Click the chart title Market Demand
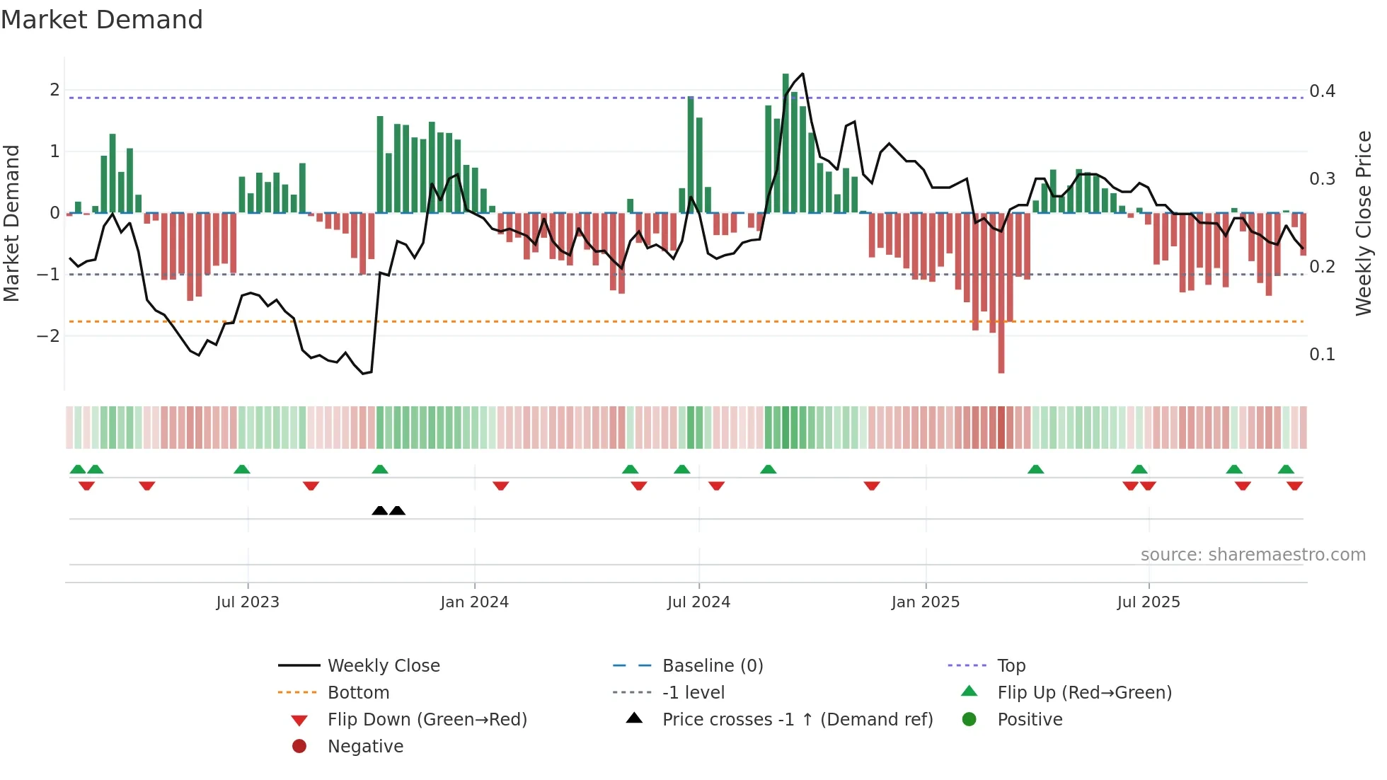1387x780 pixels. [x=102, y=19]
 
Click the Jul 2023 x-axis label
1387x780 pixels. [x=248, y=602]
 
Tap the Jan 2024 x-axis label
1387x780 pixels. [x=474, y=602]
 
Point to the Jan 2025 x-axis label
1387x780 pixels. [x=925, y=602]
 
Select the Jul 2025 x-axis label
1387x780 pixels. [x=1148, y=602]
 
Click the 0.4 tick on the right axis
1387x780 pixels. [x=1322, y=91]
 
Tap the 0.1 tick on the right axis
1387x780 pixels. [x=1322, y=355]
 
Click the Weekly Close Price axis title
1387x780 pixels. [x=1363, y=223]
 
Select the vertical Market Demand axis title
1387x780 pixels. [x=11, y=223]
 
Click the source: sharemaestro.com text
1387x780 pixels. [x=1253, y=555]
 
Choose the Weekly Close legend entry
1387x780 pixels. [x=383, y=666]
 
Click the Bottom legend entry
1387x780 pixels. [x=358, y=693]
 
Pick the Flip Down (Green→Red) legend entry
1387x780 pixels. [x=427, y=720]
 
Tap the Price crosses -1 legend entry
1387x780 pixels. [x=797, y=720]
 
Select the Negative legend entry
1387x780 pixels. [x=365, y=747]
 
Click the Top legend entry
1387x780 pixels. [x=1011, y=666]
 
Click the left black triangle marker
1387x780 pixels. [x=380, y=510]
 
